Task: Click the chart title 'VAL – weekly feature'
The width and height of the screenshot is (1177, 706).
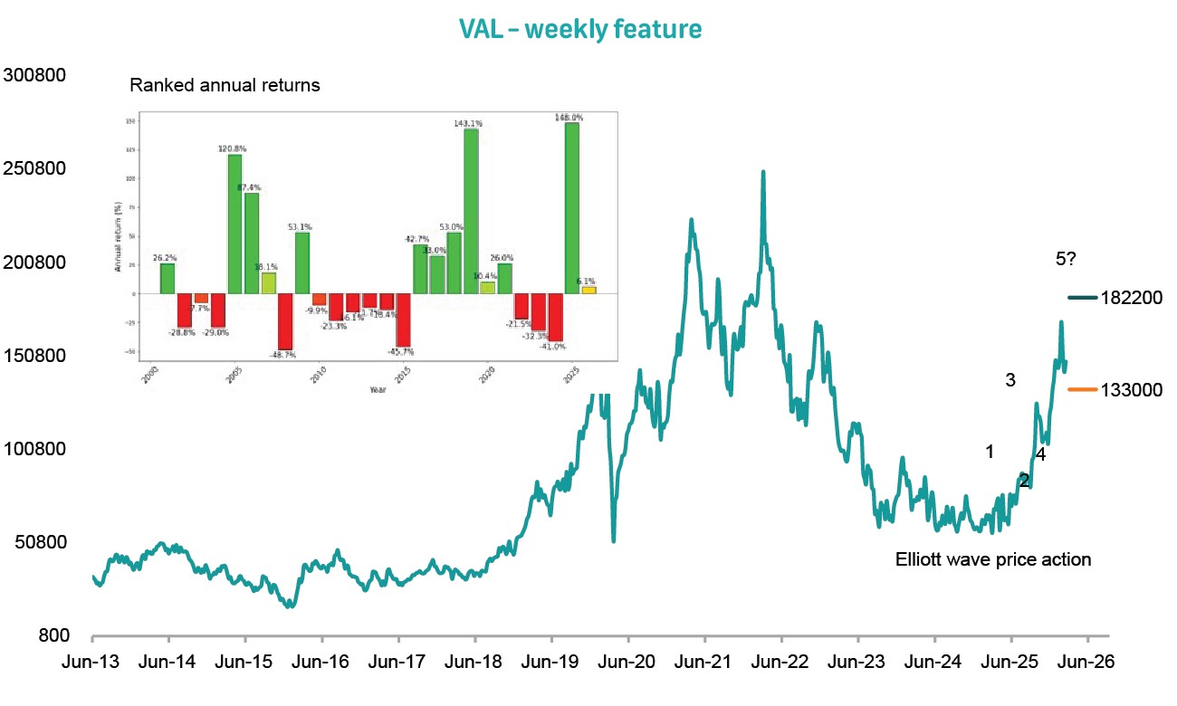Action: pyautogui.click(x=579, y=29)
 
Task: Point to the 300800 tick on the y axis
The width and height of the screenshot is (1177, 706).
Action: pyautogui.click(x=35, y=75)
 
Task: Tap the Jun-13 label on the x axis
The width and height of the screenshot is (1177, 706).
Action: pyautogui.click(x=93, y=662)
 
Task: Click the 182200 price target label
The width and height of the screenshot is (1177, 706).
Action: pyautogui.click(x=1133, y=297)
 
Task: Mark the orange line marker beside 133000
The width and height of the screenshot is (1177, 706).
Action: pyautogui.click(x=1083, y=389)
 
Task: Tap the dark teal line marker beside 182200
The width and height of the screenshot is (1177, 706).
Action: pyautogui.click(x=1083, y=297)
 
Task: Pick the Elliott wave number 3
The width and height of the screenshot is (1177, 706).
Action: pyautogui.click(x=1011, y=380)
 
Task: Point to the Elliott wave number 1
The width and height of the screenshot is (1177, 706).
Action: pyautogui.click(x=990, y=451)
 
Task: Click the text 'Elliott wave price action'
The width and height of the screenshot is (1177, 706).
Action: pyautogui.click(x=993, y=559)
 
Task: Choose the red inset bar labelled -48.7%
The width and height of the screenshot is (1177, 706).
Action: pyautogui.click(x=285, y=321)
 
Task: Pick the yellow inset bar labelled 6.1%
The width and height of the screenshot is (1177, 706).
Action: pyautogui.click(x=588, y=290)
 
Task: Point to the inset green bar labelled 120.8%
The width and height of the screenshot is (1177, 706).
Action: pyautogui.click(x=234, y=224)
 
